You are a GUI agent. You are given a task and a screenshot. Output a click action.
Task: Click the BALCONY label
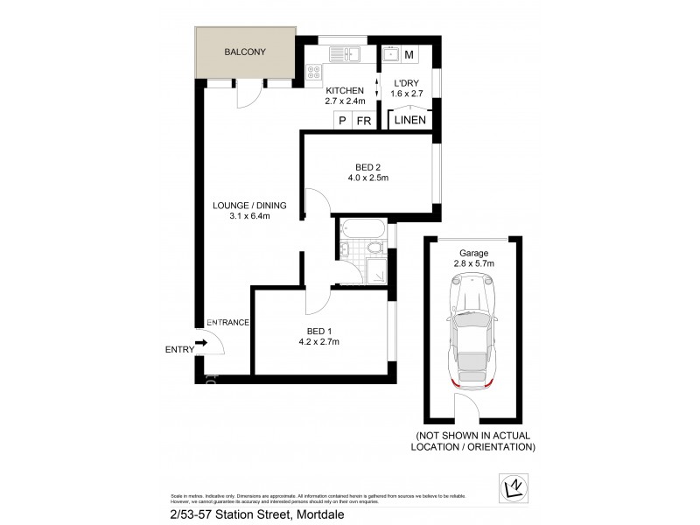tap(244, 52)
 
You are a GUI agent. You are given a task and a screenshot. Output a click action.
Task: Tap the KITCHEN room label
tap(345, 91)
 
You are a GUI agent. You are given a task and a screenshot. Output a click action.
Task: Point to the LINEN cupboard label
tap(411, 122)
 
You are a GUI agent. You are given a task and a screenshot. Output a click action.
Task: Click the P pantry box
tap(343, 122)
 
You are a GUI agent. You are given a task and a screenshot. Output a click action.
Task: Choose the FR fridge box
tap(364, 122)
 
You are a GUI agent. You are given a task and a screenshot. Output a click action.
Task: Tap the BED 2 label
tap(367, 166)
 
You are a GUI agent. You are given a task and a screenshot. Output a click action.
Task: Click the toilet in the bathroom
tap(375, 252)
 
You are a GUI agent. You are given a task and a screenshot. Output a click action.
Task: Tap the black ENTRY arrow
tap(201, 344)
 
